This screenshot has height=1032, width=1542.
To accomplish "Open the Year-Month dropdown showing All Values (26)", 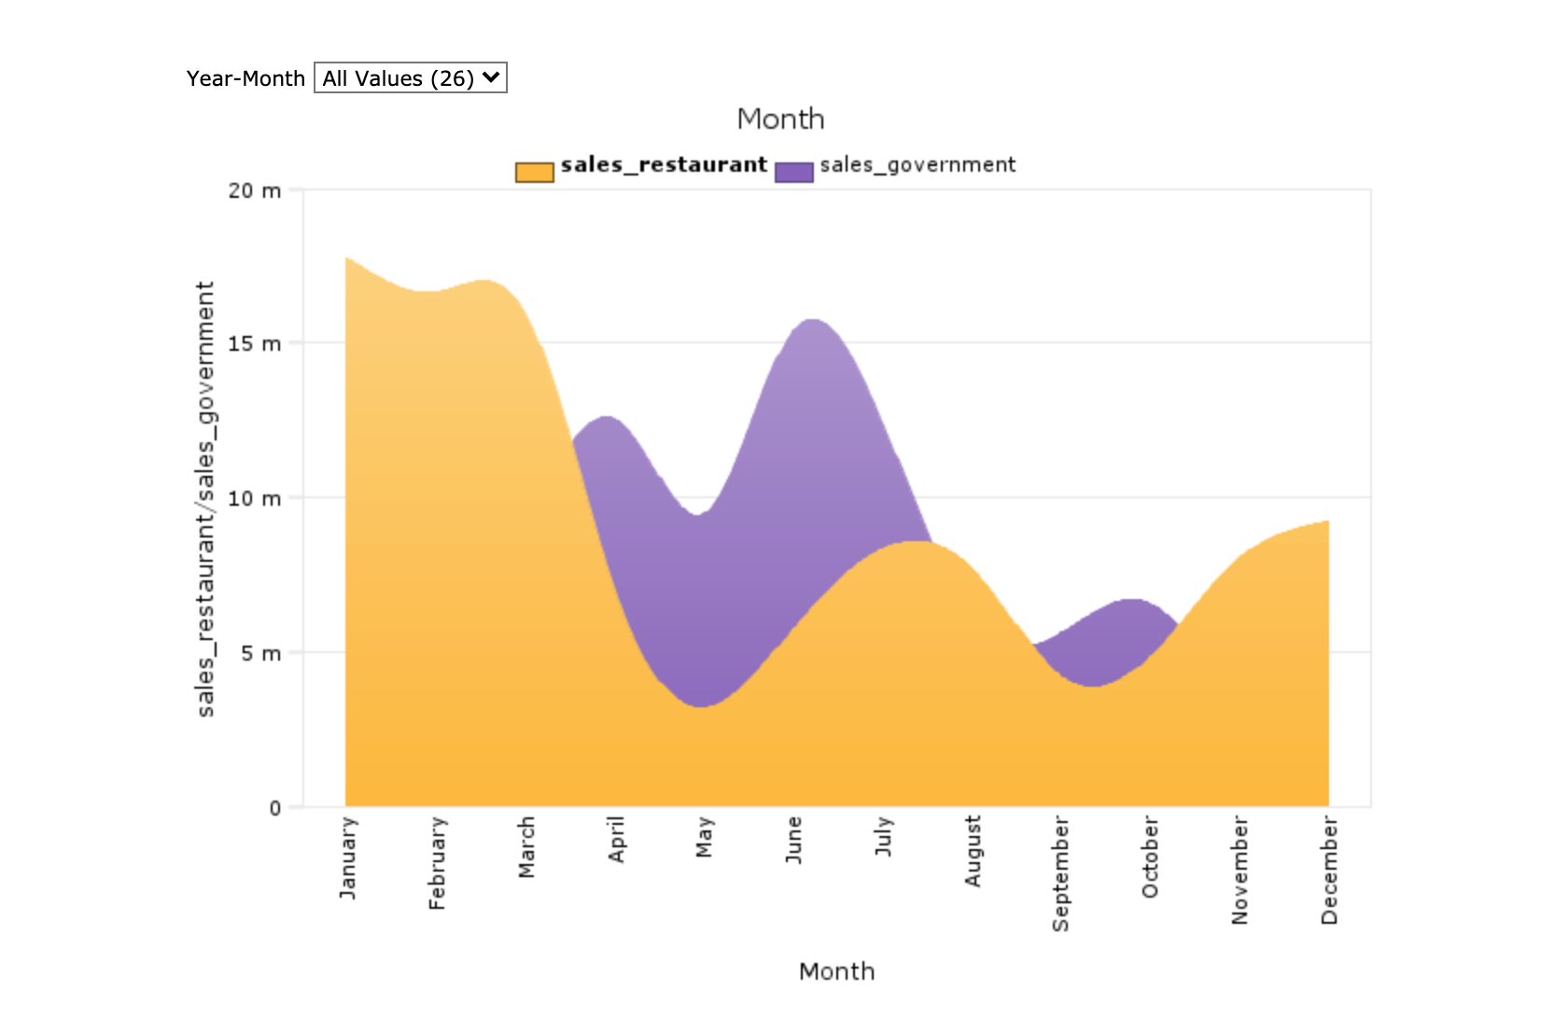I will tap(410, 78).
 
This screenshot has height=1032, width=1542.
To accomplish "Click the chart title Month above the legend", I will tap(780, 119).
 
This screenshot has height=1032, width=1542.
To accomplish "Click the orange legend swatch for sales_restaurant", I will tap(534, 173).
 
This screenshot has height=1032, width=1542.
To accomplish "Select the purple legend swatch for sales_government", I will tap(793, 173).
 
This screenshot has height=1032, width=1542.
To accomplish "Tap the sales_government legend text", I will tap(917, 165).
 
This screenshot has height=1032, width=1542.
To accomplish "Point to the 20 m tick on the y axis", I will tap(254, 191).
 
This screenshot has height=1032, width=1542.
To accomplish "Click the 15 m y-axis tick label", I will tap(254, 344).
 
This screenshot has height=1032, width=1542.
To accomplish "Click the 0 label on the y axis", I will tap(274, 808).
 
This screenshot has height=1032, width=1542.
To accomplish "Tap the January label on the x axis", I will tap(348, 858).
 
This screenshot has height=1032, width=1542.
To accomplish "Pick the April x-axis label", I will tap(616, 840).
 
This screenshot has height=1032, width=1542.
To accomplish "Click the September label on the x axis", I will tap(1060, 874).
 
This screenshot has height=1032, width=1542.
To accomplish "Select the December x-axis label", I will tap(1329, 871).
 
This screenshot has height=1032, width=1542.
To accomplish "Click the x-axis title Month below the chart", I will tap(836, 972).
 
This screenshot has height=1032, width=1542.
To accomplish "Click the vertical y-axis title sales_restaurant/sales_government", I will tap(205, 499).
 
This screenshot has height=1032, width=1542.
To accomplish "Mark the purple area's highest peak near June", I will tap(813, 322).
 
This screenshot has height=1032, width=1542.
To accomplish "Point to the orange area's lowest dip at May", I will tap(702, 707).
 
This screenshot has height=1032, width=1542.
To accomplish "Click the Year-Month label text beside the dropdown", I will tap(245, 79).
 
